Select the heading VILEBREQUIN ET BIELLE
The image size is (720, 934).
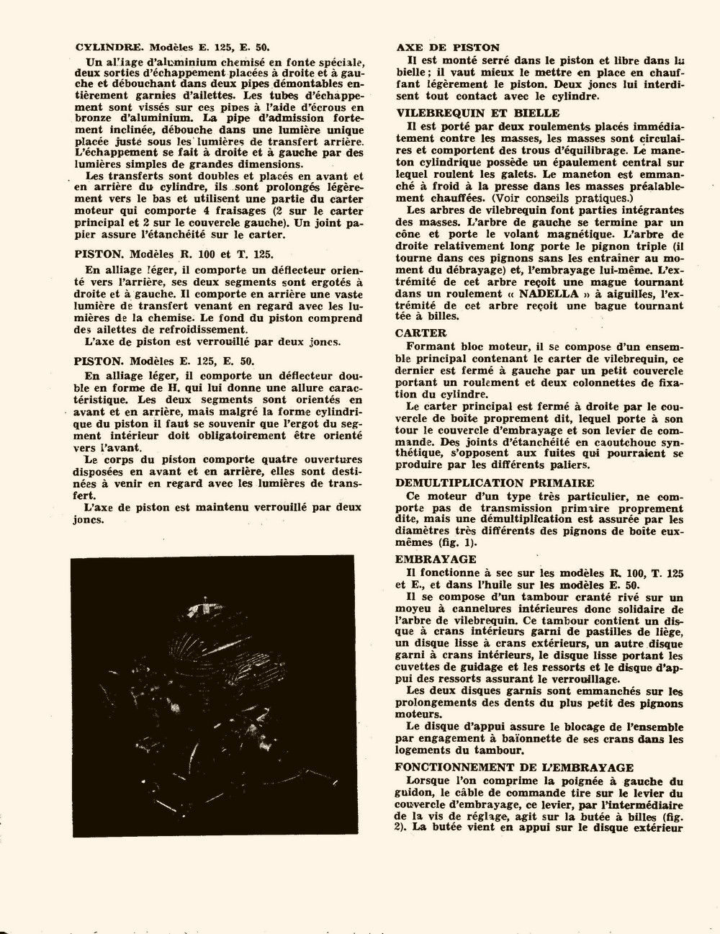coord(477,113)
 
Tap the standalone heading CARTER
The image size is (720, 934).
coord(420,333)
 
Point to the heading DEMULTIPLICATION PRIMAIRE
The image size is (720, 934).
coord(495,483)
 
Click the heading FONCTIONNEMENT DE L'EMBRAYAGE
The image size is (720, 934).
coord(514,768)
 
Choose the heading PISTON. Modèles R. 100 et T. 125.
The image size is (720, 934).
coord(174,253)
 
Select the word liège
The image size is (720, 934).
coord(668,632)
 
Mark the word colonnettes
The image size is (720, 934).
coord(601,382)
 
